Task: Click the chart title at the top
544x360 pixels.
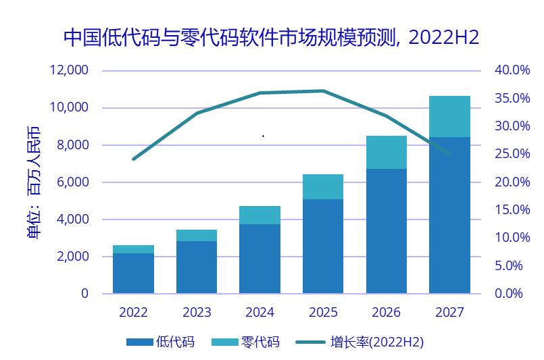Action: (271, 37)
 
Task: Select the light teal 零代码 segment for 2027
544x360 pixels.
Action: (449, 117)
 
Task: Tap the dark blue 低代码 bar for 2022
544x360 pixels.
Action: (134, 274)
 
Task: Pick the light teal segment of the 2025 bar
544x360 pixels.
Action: (323, 186)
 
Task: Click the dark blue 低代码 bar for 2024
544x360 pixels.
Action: (260, 259)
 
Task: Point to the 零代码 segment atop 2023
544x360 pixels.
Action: (197, 235)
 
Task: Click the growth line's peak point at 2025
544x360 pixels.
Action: (323, 91)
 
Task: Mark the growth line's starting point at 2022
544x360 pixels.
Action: (134, 159)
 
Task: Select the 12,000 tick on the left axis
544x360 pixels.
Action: (69, 70)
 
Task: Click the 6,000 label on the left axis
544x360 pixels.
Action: (73, 182)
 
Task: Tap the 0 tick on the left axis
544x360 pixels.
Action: (84, 294)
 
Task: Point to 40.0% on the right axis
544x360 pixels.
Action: (512, 70)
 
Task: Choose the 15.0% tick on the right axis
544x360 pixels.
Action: (512, 209)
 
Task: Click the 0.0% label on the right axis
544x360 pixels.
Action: (509, 293)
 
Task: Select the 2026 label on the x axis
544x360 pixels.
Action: (386, 313)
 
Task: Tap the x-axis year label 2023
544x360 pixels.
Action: (197, 313)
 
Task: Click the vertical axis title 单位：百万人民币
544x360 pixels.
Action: (34, 183)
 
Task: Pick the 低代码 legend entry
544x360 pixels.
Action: (160, 342)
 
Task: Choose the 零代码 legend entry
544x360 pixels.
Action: (245, 342)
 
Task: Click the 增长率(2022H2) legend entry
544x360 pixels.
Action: (360, 342)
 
